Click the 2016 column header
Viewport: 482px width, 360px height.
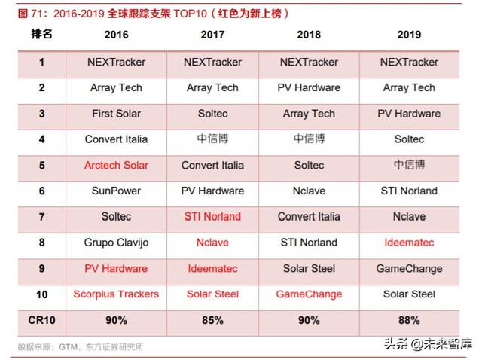pyautogui.click(x=116, y=35)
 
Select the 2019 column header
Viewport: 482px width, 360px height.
pyautogui.click(x=409, y=35)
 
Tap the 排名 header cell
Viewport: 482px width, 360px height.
pyautogui.click(x=41, y=34)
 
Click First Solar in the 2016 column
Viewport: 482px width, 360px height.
pyautogui.click(x=116, y=114)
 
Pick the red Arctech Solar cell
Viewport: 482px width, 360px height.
pyautogui.click(x=116, y=165)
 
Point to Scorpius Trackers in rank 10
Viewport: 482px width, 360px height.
pyautogui.click(x=116, y=294)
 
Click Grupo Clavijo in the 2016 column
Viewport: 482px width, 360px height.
pyautogui.click(x=116, y=243)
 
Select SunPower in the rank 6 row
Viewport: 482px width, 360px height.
pyautogui.click(x=116, y=191)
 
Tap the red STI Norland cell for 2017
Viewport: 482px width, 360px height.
pyautogui.click(x=212, y=217)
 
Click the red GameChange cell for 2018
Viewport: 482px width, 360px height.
pyautogui.click(x=309, y=294)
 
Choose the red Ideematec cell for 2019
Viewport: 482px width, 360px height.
pyautogui.click(x=409, y=243)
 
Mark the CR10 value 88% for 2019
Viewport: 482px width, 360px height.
pyautogui.click(x=409, y=320)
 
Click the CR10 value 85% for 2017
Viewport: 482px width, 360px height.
pyautogui.click(x=212, y=320)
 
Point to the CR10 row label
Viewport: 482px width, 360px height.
pyautogui.click(x=41, y=320)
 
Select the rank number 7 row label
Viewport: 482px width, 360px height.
pyautogui.click(x=41, y=217)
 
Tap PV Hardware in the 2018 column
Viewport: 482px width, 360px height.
pyautogui.click(x=309, y=87)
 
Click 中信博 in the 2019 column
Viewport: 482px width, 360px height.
pyautogui.click(x=409, y=165)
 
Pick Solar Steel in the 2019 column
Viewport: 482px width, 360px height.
pyautogui.click(x=409, y=294)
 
